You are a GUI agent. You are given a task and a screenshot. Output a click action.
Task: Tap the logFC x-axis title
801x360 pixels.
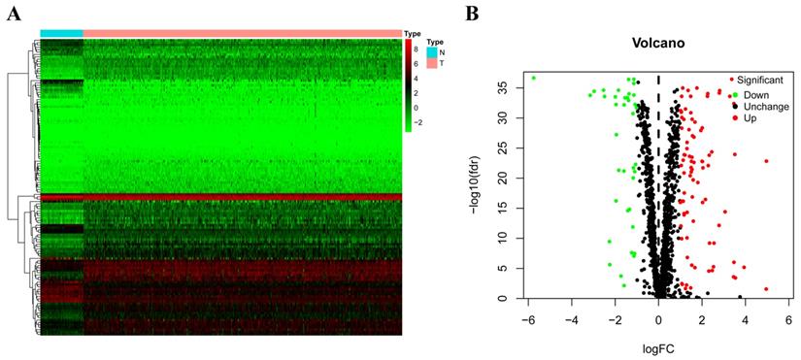657,342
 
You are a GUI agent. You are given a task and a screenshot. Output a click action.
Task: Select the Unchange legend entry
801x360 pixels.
762,106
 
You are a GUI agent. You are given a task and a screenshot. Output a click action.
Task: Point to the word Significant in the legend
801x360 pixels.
760,79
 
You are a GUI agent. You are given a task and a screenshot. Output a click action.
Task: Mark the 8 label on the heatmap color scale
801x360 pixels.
417,48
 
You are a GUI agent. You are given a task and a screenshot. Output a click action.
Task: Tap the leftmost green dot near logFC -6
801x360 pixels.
533,78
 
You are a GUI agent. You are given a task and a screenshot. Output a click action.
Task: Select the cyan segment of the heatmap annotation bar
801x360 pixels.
61,33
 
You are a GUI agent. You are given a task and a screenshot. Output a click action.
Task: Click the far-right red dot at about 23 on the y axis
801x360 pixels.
766,161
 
